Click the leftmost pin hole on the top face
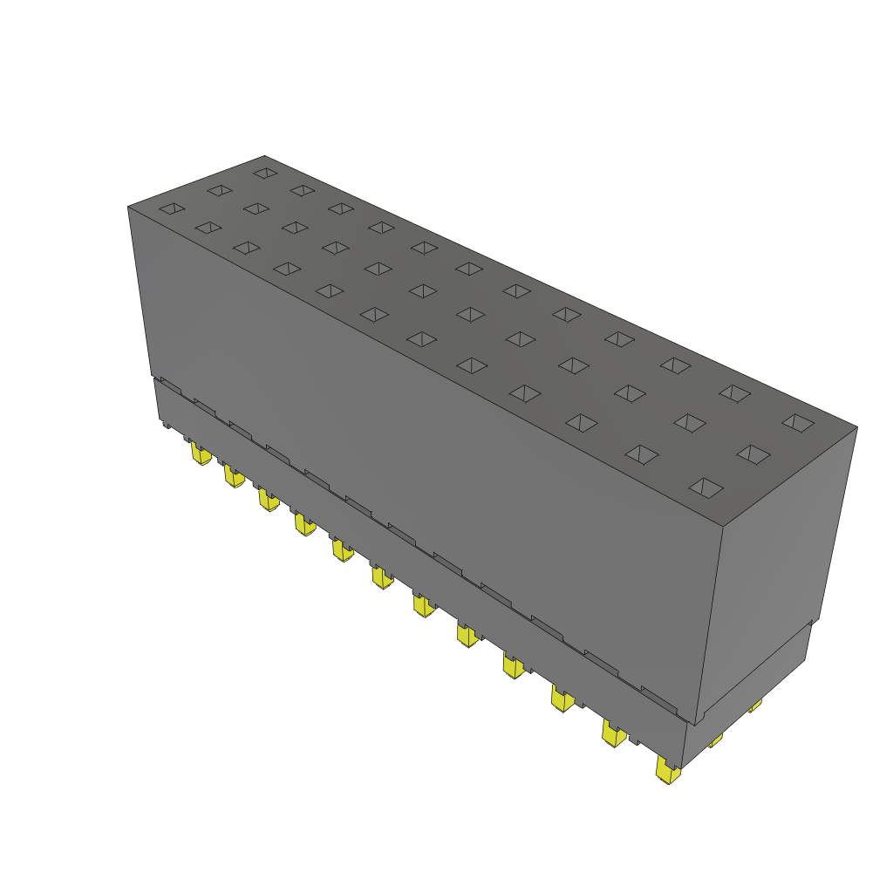click(x=173, y=208)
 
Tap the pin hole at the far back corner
click(x=264, y=173)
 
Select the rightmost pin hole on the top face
click(x=797, y=422)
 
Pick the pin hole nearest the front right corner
click(x=706, y=487)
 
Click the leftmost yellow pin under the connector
click(x=201, y=453)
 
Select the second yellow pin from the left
click(x=234, y=476)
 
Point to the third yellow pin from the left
click(x=268, y=500)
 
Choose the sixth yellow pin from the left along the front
click(x=381, y=576)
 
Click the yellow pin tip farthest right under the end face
click(x=755, y=705)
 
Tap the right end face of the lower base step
click(x=750, y=689)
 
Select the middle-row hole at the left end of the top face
click(x=219, y=190)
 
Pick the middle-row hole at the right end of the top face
click(x=753, y=453)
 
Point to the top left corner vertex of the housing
click(x=128, y=207)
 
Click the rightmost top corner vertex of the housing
click(x=857, y=427)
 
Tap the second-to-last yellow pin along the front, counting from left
click(x=614, y=734)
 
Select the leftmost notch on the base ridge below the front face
click(x=170, y=385)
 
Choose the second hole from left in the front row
click(x=208, y=228)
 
